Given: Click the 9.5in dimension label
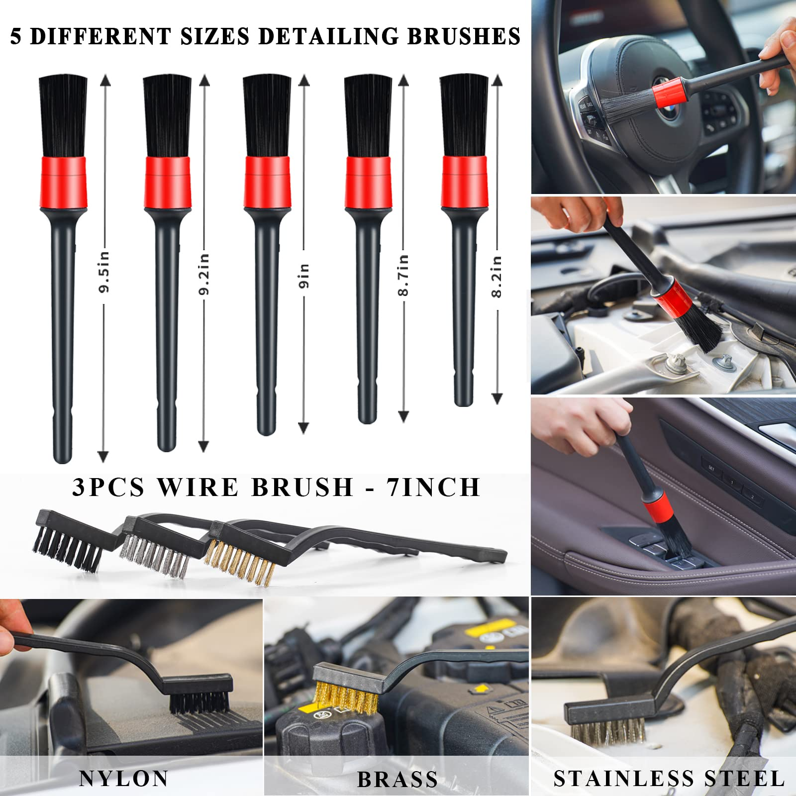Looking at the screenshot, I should [x=104, y=272].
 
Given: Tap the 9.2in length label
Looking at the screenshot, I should [x=203, y=274].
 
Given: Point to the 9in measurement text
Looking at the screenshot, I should [x=304, y=276].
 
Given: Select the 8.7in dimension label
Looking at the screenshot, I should [x=403, y=275].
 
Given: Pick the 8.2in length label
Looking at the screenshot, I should [x=497, y=277].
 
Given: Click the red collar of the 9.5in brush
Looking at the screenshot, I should [x=63, y=182].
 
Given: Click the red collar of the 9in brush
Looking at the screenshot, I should [x=267, y=182].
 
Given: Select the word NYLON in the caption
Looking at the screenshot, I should [x=123, y=779].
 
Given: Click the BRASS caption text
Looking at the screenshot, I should [x=397, y=780].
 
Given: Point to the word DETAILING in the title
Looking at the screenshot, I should [x=328, y=37].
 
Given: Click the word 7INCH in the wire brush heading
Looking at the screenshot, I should [x=433, y=487].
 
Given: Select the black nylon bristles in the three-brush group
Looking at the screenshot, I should [x=67, y=550].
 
